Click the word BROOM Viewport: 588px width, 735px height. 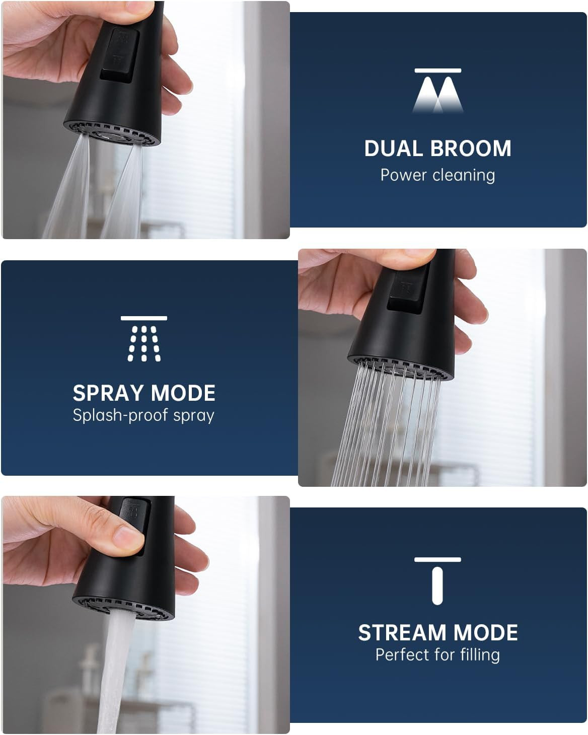pyautogui.click(x=471, y=149)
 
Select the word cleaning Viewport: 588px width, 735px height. pyautogui.click(x=464, y=176)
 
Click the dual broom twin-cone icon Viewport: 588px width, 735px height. pyautogui.click(x=437, y=91)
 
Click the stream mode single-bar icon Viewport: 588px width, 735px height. pyautogui.click(x=437, y=581)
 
